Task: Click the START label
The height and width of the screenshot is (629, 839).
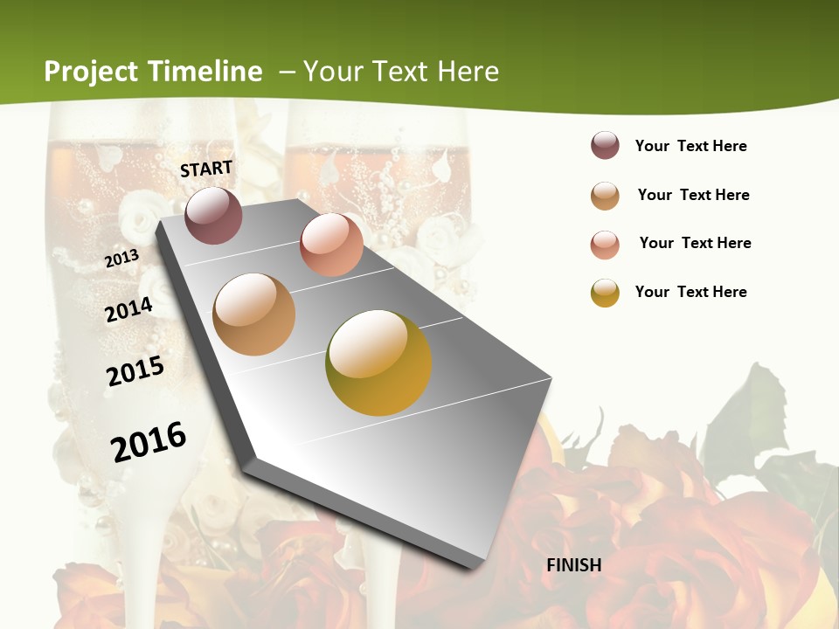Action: [x=206, y=169]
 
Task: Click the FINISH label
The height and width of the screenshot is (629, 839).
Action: [x=574, y=565]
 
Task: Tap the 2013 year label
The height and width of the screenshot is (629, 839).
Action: [x=121, y=259]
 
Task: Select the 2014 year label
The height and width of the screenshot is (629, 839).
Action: [x=128, y=310]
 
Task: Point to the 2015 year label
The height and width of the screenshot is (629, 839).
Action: [x=135, y=371]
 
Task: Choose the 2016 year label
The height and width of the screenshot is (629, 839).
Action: [x=149, y=442]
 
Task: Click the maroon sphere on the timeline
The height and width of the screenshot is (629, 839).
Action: [x=214, y=215]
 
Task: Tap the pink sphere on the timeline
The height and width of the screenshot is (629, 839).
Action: [x=331, y=245]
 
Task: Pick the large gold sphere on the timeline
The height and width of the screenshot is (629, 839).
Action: [x=378, y=363]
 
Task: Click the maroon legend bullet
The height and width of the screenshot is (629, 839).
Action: [x=605, y=146]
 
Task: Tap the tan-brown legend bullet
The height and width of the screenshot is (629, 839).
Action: [x=605, y=196]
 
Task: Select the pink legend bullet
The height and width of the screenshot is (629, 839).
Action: [x=605, y=245]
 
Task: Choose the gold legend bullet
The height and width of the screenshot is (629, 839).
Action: [x=605, y=293]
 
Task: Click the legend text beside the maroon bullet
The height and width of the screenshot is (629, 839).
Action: [x=690, y=147]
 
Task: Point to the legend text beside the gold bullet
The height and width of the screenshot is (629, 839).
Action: [x=690, y=292]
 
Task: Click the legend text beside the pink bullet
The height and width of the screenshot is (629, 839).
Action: [x=695, y=243]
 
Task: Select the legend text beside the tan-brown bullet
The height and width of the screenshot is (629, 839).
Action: [x=693, y=195]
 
